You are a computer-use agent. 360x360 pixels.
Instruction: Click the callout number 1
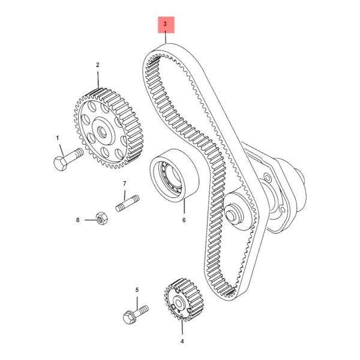point(58,138)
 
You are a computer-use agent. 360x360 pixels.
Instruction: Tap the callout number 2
point(98,65)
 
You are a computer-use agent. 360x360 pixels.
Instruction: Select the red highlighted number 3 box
point(166,25)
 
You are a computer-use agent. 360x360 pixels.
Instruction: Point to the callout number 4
point(182,341)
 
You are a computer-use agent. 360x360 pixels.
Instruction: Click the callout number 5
point(137,290)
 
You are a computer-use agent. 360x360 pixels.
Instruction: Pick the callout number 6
point(184,220)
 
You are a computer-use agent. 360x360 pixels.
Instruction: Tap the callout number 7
point(124,184)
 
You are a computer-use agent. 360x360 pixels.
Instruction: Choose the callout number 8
point(77,220)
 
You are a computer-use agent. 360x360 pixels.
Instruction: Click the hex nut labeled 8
point(101,218)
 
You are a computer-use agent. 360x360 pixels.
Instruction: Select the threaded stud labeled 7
point(127,203)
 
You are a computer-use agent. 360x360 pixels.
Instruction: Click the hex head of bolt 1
point(60,163)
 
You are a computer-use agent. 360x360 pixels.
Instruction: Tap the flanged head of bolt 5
point(129,317)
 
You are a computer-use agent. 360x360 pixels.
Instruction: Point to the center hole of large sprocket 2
point(101,131)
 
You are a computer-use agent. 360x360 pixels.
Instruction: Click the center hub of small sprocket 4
point(178,304)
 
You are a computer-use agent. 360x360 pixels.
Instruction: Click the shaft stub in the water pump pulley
point(232,213)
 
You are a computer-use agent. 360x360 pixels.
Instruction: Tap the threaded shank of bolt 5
point(141,310)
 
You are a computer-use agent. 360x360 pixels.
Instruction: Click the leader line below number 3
point(166,38)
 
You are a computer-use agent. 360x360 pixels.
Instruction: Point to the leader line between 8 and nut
point(90,220)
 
